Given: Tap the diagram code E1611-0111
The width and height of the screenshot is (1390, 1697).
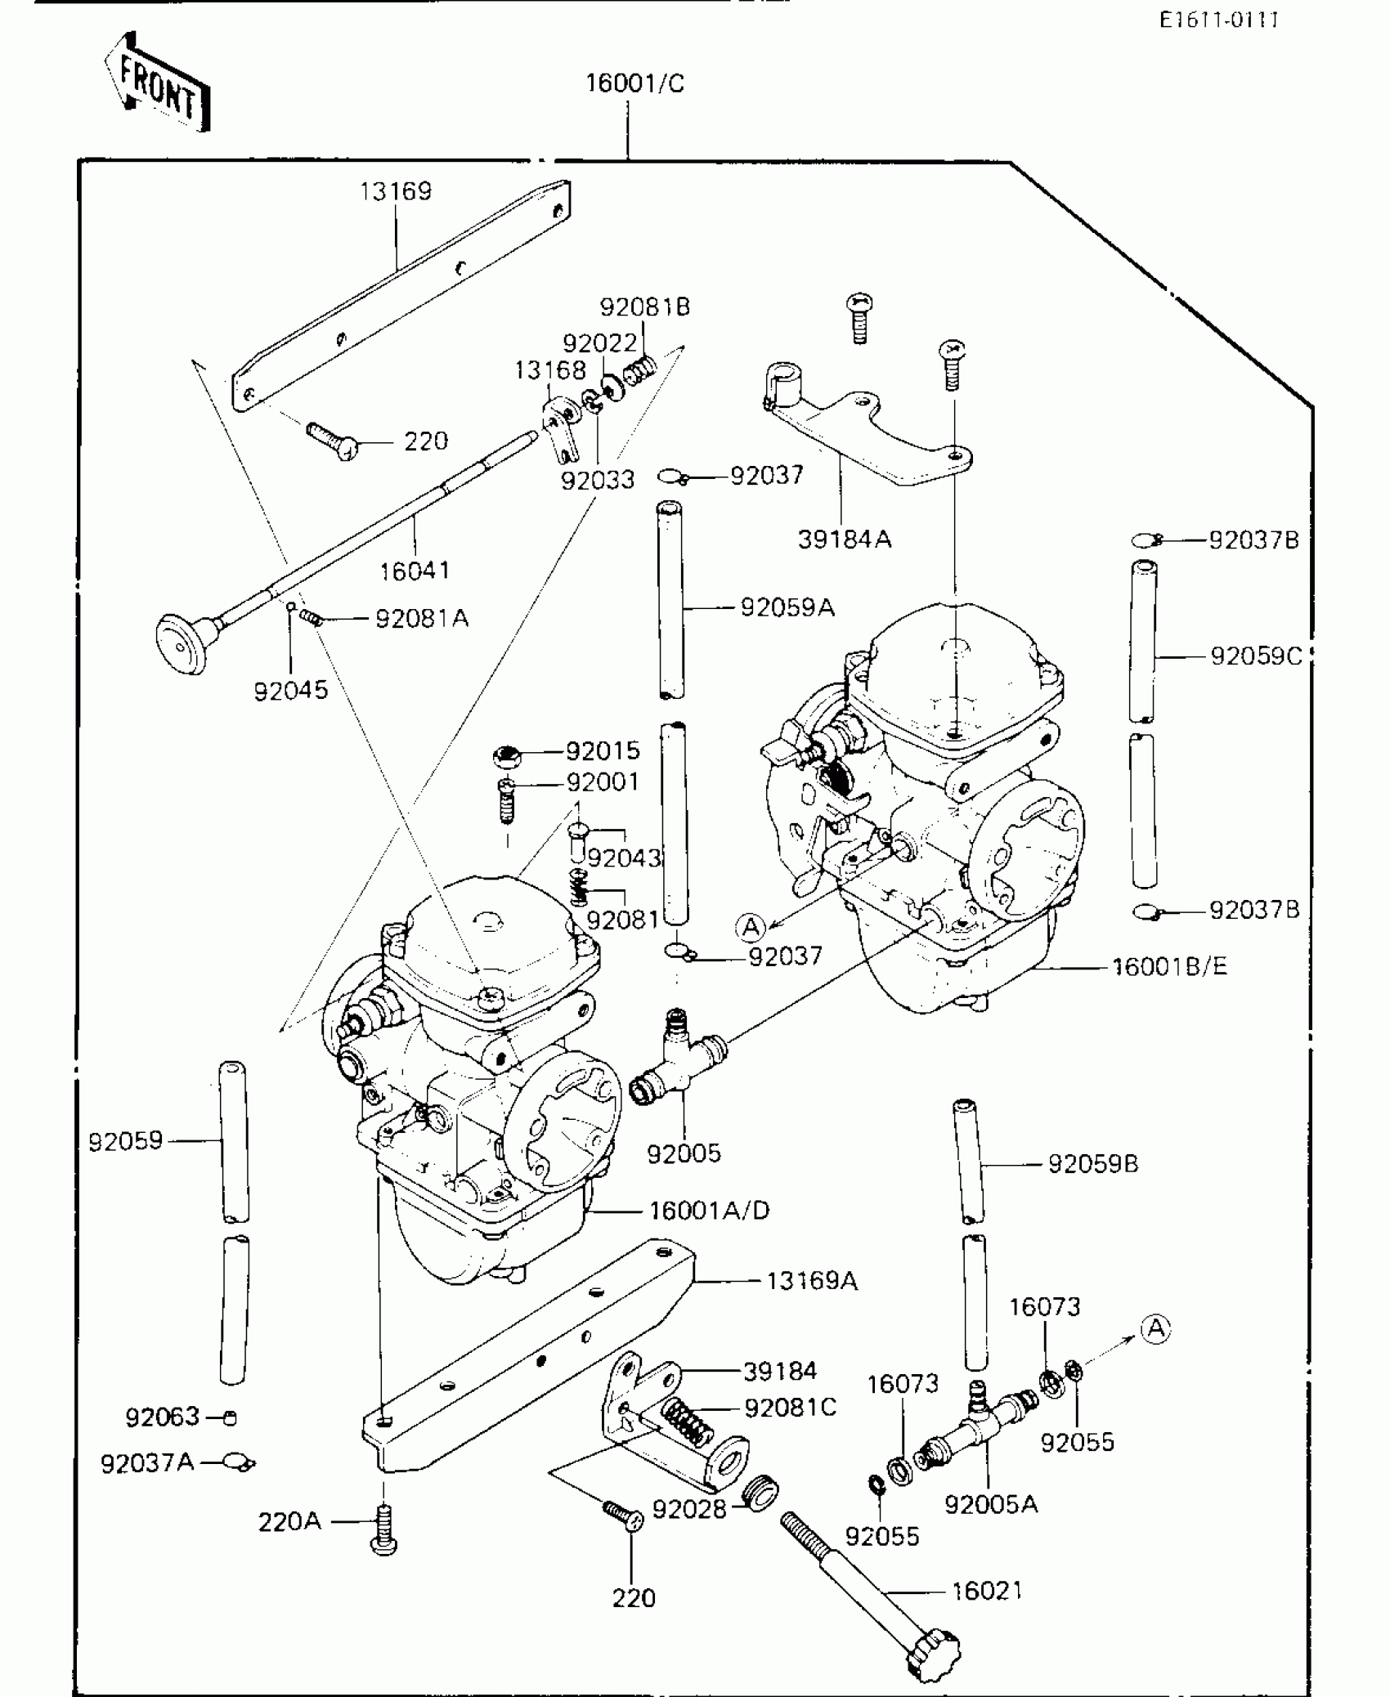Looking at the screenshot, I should (1218, 20).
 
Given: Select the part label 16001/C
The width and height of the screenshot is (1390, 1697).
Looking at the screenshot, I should (634, 83).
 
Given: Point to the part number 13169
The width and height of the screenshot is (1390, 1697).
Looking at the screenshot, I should (396, 191).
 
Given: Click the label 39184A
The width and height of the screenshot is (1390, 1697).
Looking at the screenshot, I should (845, 540).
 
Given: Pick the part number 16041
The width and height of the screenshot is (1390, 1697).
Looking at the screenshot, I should (415, 571).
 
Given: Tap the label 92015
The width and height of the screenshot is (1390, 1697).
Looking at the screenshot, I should (603, 750).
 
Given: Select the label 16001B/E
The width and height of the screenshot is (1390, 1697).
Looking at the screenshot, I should (1169, 967).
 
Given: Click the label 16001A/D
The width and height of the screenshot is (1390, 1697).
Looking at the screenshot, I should (710, 1210).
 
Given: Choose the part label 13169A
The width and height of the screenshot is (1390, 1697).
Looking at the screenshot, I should (812, 1280).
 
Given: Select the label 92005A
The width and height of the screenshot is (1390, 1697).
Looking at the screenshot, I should (991, 1504).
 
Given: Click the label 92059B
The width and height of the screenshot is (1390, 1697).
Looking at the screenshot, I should (1092, 1164).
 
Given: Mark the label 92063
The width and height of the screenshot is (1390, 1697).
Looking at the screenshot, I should (162, 1417).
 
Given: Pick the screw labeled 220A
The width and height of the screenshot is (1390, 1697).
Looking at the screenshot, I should (384, 1529).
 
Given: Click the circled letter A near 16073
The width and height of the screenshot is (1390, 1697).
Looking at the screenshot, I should (1155, 1329).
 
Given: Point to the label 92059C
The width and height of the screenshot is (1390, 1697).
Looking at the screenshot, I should (1255, 656).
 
